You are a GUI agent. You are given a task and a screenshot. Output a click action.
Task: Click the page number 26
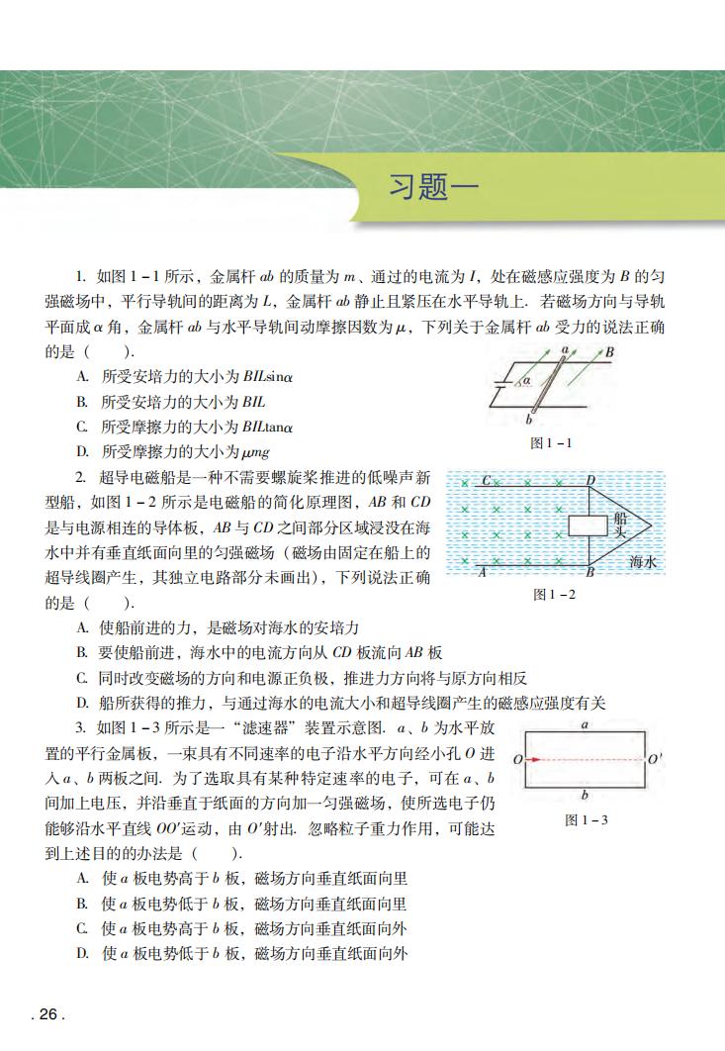(47, 1014)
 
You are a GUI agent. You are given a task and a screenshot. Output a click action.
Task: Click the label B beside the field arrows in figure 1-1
(610, 351)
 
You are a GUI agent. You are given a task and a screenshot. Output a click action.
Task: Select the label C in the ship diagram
(487, 481)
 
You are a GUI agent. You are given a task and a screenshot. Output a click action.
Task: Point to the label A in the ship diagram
(482, 572)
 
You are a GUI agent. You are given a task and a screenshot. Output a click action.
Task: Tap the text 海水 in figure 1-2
(644, 562)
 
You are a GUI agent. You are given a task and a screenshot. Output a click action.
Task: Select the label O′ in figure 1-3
(655, 760)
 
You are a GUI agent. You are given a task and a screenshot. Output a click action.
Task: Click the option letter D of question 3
(83, 954)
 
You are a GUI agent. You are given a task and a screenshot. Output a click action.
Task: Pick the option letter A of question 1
(83, 377)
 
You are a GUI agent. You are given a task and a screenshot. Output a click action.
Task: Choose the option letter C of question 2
(83, 678)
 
